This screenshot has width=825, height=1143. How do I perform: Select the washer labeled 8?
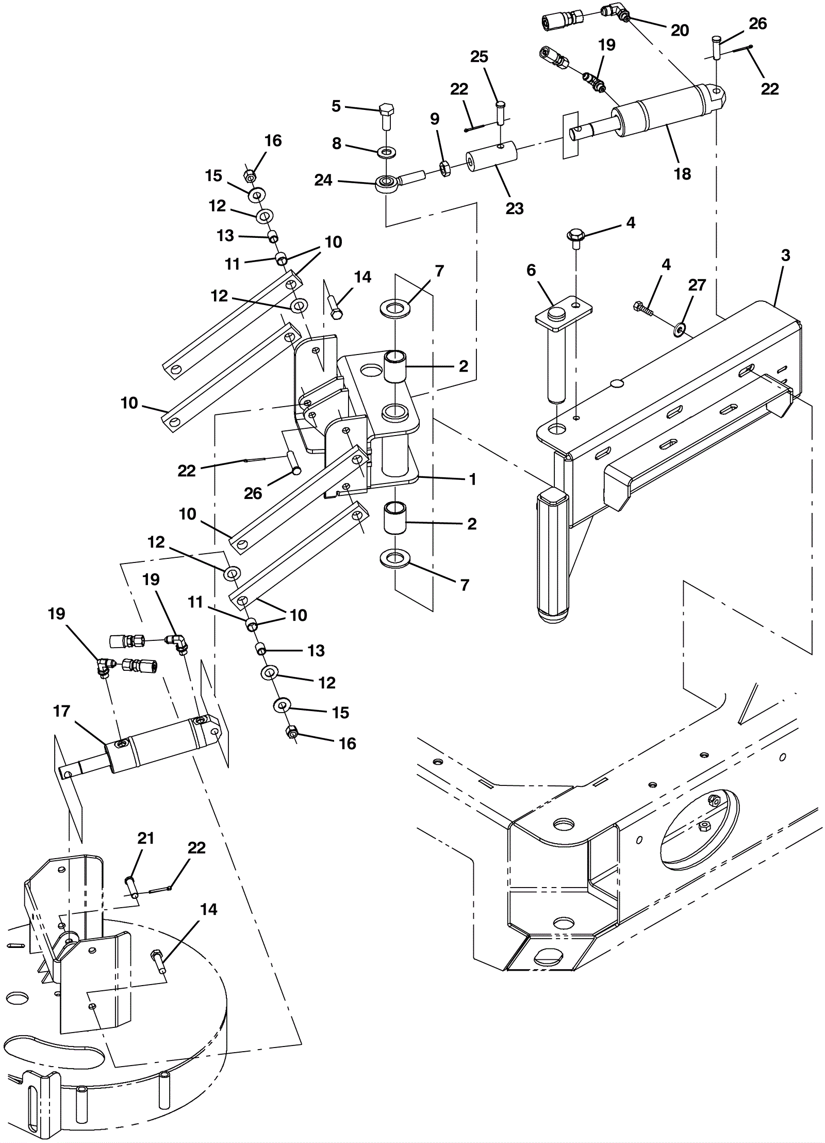(x=386, y=152)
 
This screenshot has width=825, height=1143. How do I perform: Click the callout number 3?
(x=785, y=255)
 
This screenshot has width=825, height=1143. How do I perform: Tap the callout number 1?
(x=473, y=479)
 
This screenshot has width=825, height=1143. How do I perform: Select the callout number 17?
(x=61, y=711)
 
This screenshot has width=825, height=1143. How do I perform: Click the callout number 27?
(x=697, y=285)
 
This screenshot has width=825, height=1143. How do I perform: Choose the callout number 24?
(x=323, y=181)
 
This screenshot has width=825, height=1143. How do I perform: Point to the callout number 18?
(x=682, y=174)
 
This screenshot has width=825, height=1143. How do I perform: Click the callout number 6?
(x=531, y=270)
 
